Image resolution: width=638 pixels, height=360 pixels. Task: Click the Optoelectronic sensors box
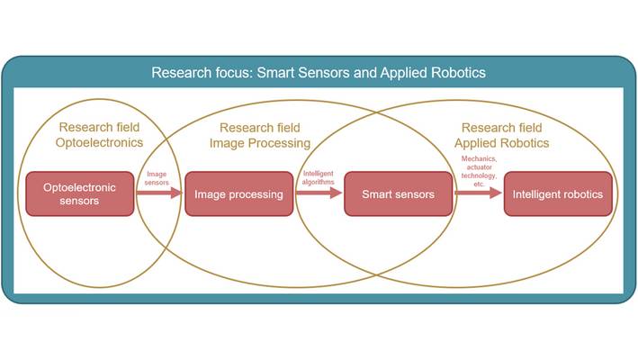(x=80, y=193)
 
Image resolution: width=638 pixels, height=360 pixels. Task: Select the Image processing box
(x=238, y=193)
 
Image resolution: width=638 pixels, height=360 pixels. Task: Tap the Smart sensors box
(x=399, y=193)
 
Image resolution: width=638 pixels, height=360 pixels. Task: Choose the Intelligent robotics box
(x=558, y=193)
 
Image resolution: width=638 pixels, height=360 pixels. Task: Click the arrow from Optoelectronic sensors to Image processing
(x=159, y=193)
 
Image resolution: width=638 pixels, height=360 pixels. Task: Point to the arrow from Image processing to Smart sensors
(x=319, y=193)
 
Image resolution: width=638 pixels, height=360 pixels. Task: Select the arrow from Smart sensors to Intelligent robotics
(x=478, y=193)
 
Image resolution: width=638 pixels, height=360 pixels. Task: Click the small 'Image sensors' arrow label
(x=157, y=178)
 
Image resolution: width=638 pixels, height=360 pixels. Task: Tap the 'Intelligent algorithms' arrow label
(x=319, y=178)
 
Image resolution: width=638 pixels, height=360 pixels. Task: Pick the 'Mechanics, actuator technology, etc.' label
(x=479, y=171)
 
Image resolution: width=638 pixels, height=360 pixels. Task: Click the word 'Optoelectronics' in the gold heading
(x=99, y=143)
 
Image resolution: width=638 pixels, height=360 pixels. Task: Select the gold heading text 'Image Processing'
(x=260, y=143)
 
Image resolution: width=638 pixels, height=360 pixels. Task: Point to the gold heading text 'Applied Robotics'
(x=502, y=143)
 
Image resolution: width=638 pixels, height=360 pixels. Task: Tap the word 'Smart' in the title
(x=276, y=73)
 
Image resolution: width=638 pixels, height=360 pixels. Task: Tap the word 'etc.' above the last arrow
(x=479, y=184)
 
